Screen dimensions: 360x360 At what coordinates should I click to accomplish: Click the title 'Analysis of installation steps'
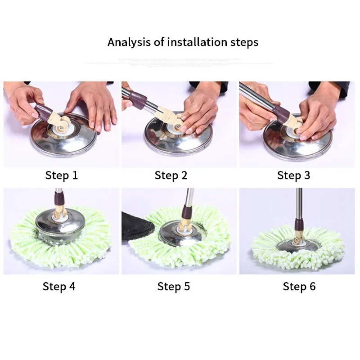tap(183, 42)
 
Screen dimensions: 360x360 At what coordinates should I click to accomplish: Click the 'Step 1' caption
tap(62, 175)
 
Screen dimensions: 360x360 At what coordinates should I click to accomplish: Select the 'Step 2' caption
tap(171, 175)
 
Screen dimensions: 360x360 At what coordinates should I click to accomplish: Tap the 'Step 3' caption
tap(293, 175)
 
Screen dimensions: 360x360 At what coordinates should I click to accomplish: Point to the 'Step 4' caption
tap(59, 286)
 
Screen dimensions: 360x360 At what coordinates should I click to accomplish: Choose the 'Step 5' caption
tap(174, 286)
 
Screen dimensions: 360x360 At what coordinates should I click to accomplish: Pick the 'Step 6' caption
tap(299, 286)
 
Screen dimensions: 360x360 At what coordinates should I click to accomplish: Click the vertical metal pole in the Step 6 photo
tap(299, 202)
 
